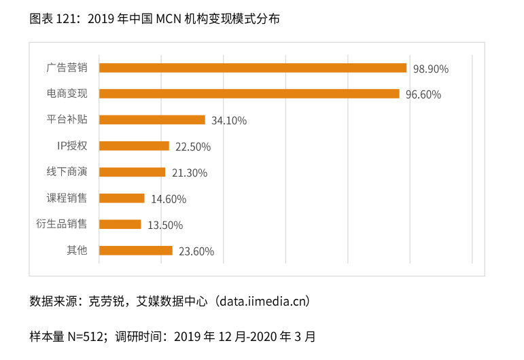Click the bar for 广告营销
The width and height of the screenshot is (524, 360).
pyautogui.click(x=252, y=68)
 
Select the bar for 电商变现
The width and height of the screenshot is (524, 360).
pyautogui.click(x=249, y=94)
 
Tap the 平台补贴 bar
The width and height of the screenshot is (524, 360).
pyautogui.click(x=152, y=120)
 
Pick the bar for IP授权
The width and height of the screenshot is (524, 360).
pyautogui.click(x=134, y=146)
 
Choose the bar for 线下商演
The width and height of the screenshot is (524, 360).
pyautogui.click(x=132, y=172)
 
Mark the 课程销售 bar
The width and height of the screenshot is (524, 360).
pyautogui.click(x=122, y=198)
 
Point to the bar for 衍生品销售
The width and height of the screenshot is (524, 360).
pyautogui.click(x=120, y=224)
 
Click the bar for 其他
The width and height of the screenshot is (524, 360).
pyautogui.click(x=135, y=251)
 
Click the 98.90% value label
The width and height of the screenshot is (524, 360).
pyautogui.click(x=431, y=69)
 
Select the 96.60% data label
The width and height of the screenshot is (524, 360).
pyautogui.click(x=423, y=95)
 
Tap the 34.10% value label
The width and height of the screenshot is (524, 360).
pyautogui.click(x=229, y=121)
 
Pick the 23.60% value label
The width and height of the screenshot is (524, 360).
pyautogui.click(x=196, y=251)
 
